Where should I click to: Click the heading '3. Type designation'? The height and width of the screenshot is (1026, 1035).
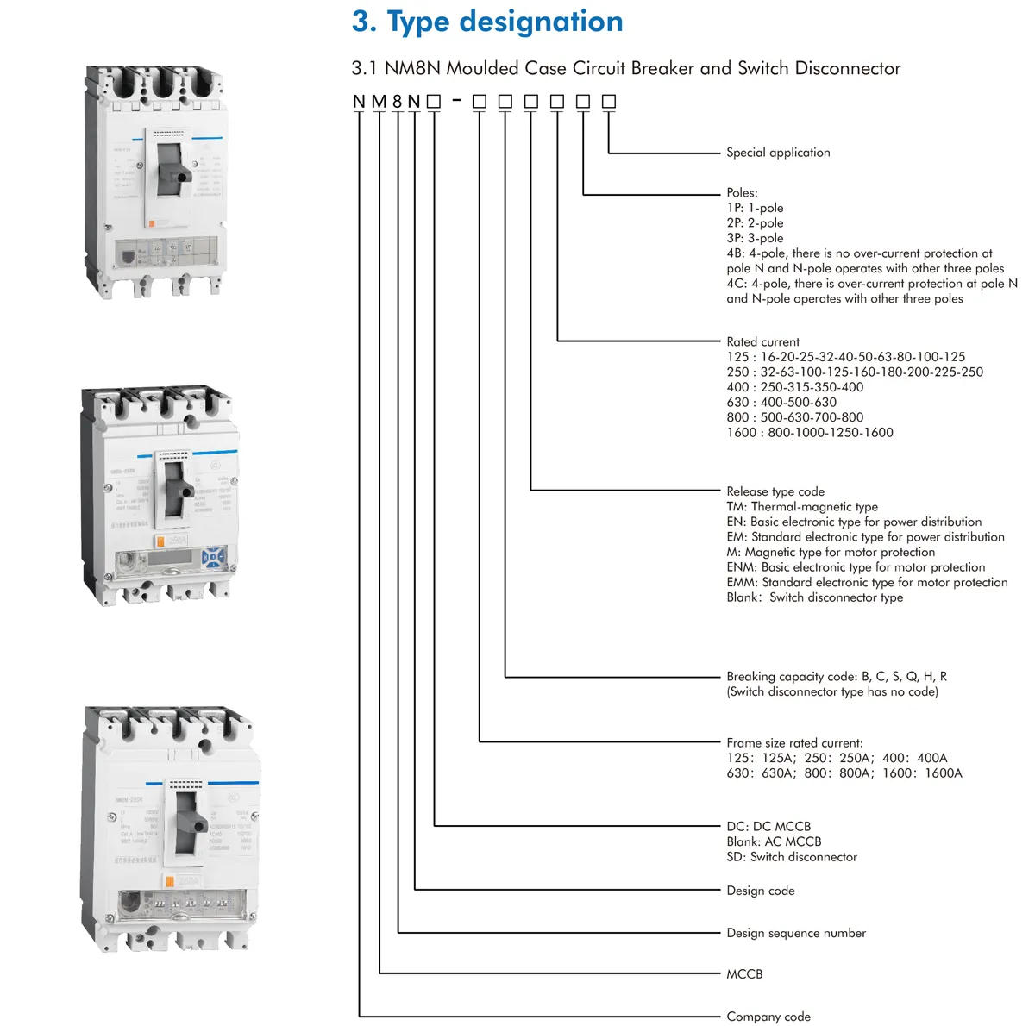click(487, 22)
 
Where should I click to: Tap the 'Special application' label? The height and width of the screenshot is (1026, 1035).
click(778, 153)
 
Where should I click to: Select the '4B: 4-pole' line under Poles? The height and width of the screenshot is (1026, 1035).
click(859, 253)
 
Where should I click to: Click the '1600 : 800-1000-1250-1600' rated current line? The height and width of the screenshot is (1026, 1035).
click(810, 433)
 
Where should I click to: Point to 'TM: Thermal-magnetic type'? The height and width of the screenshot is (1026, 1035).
click(802, 507)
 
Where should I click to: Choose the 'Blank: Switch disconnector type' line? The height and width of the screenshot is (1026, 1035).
click(815, 597)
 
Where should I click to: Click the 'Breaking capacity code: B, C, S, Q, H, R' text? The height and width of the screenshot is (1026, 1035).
click(837, 677)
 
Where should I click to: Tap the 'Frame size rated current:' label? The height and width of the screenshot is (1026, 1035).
click(794, 743)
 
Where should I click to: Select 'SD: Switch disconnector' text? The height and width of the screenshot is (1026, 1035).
click(792, 857)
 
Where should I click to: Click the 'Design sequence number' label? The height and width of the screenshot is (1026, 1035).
click(796, 933)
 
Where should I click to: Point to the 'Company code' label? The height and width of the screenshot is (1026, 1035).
click(768, 1017)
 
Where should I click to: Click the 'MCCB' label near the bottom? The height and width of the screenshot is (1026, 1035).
click(744, 974)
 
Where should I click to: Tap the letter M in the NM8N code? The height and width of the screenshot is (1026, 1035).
click(379, 102)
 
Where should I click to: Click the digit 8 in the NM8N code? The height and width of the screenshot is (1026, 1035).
click(398, 102)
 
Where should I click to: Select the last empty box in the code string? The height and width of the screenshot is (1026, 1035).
click(609, 102)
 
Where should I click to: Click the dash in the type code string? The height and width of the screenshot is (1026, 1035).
click(456, 100)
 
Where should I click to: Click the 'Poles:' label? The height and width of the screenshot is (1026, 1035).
click(742, 193)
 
